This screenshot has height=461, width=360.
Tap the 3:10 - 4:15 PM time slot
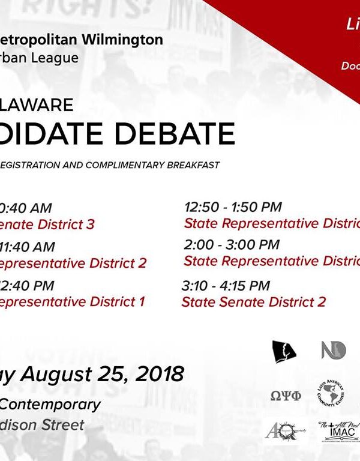coord(226,286)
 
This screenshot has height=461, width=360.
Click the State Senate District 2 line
coord(253,302)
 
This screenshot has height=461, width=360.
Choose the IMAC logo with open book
coord(338,432)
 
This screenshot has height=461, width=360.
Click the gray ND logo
coord(334,350)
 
